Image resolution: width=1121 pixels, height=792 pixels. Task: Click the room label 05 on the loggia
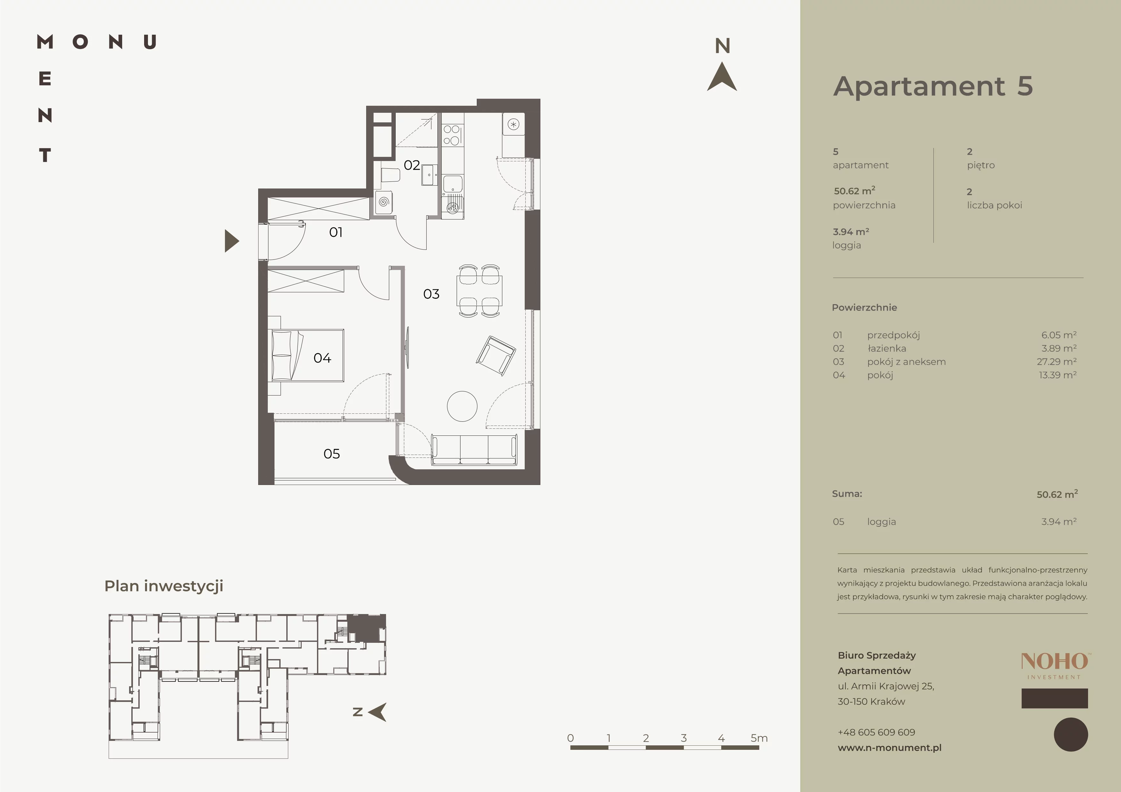pyautogui.click(x=331, y=454)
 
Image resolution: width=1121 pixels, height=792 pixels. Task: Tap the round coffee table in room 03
pyautogui.click(x=462, y=406)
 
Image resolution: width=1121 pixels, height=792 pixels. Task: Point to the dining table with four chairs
pyautogui.click(x=479, y=291)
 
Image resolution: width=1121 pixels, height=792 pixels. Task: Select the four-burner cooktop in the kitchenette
pyautogui.click(x=452, y=135)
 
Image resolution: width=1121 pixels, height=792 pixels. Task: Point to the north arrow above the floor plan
pyautogui.click(x=722, y=77)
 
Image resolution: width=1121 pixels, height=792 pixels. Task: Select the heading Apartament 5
pyautogui.click(x=932, y=86)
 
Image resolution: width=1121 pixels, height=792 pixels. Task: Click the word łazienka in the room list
pyautogui.click(x=887, y=349)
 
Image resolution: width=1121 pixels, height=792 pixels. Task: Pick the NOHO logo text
pyautogui.click(x=1055, y=662)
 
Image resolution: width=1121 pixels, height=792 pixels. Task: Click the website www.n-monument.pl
pyautogui.click(x=890, y=748)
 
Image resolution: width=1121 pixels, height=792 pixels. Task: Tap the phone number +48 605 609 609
pyautogui.click(x=877, y=732)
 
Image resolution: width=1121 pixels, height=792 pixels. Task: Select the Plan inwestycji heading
pyautogui.click(x=164, y=586)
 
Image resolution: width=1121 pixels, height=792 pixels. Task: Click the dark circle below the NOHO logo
pyautogui.click(x=1071, y=734)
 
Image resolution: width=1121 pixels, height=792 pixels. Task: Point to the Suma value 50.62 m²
pyautogui.click(x=1057, y=494)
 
